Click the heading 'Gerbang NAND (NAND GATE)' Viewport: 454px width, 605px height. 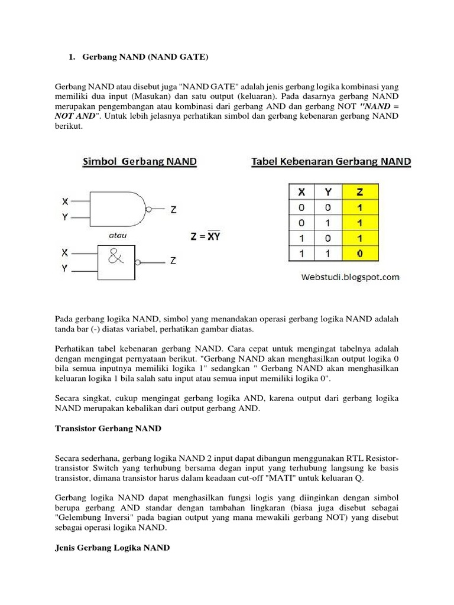[145, 57]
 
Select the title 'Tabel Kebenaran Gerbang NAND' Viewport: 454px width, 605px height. [332, 161]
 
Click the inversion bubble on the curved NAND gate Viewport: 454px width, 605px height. [148, 209]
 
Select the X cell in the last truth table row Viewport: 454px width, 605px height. [302, 254]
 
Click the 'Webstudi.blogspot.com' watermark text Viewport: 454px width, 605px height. [351, 277]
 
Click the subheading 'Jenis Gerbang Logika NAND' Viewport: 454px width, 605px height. [112, 548]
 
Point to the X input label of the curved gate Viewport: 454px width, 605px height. [65, 201]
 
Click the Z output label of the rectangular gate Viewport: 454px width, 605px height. [173, 260]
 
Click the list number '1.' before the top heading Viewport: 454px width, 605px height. [72, 57]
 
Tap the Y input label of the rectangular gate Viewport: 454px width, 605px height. [65, 268]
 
